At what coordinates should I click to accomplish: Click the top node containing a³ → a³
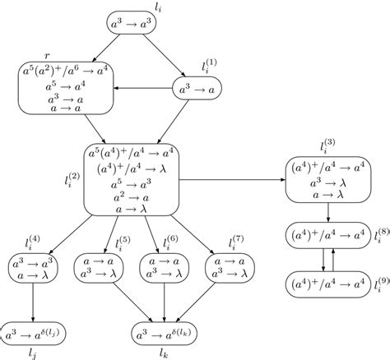pyautogui.click(x=137, y=25)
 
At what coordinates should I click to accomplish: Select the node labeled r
pyautogui.click(x=64, y=90)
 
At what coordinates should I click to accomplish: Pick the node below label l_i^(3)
pyautogui.click(x=328, y=180)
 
